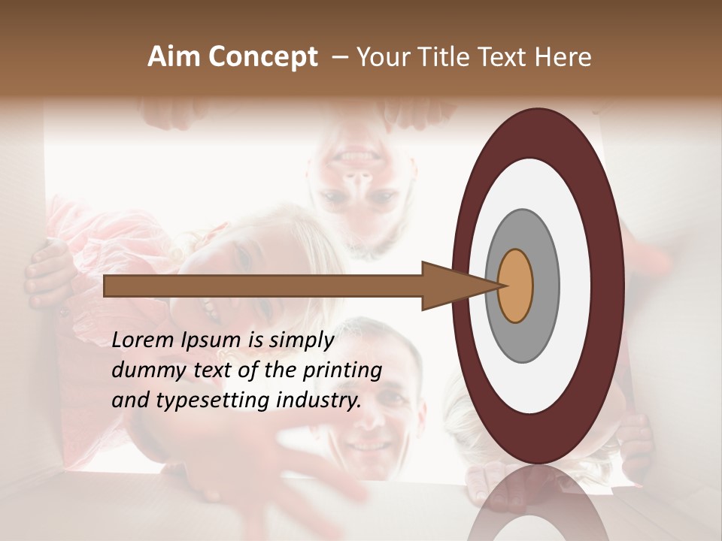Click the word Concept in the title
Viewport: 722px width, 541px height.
click(262, 56)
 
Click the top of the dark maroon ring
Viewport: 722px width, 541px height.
click(537, 131)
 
